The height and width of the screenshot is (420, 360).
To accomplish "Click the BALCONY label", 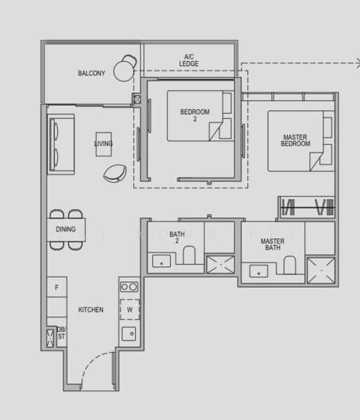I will tap(92, 73).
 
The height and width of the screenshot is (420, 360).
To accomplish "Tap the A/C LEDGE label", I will tap(189, 60).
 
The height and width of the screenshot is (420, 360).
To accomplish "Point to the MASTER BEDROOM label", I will tap(296, 140).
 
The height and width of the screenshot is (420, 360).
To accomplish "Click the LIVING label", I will tap(104, 144).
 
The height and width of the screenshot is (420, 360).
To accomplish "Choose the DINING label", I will tap(66, 229).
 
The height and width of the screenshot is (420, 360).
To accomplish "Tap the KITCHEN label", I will tap(90, 309).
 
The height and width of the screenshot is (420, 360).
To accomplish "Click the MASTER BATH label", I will tap(272, 244).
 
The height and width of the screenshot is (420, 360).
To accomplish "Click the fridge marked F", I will tap(57, 287).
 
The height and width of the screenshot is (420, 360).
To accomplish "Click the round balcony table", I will tap(124, 69).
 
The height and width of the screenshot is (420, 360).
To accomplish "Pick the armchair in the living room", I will tap(114, 171).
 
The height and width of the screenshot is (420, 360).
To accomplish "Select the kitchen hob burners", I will tap(128, 287).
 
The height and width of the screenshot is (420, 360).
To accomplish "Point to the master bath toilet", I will tap(289, 265).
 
